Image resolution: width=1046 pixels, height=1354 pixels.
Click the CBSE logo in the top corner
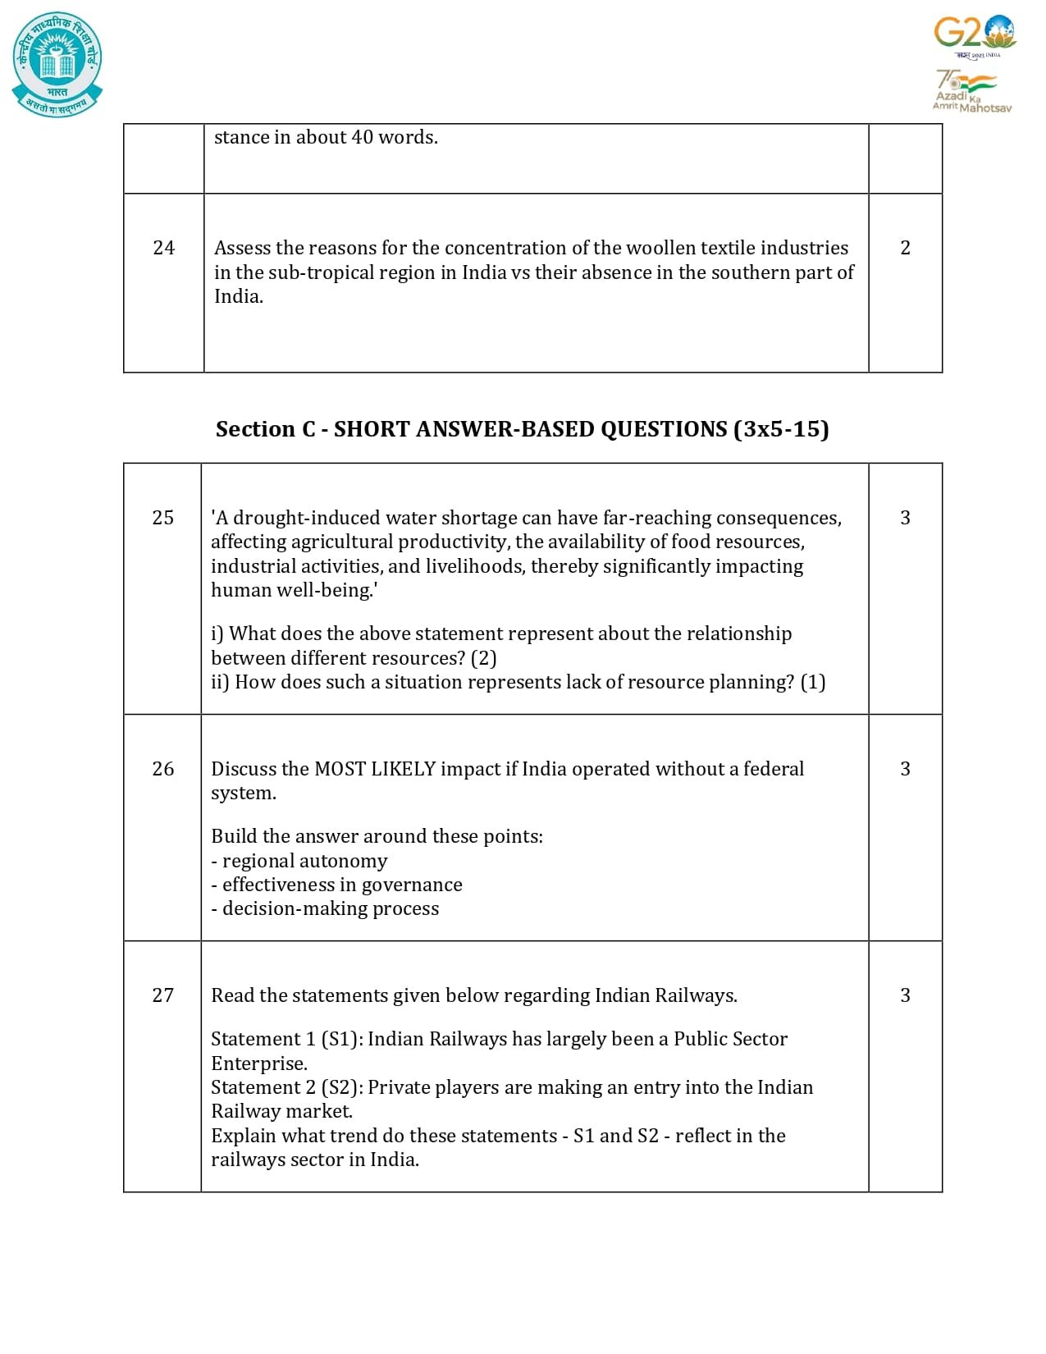point(57,64)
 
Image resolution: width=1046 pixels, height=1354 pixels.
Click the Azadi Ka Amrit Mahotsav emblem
point(971,91)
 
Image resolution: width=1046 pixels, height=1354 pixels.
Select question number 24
point(164,248)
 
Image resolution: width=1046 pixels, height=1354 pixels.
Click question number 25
point(163,518)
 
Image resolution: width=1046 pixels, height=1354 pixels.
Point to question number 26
point(163,769)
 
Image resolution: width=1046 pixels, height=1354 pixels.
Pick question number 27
point(163,995)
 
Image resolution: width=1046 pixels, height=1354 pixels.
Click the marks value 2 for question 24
point(905,248)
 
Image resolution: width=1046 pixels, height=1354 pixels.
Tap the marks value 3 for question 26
point(905,769)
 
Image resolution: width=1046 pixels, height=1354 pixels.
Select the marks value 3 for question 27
point(905,995)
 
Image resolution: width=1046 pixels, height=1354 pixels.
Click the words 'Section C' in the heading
point(265,429)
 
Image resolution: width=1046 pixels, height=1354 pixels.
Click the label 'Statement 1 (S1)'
point(286,1039)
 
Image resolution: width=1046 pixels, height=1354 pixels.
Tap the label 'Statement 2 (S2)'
point(286,1087)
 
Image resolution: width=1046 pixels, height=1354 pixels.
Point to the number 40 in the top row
point(362,137)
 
